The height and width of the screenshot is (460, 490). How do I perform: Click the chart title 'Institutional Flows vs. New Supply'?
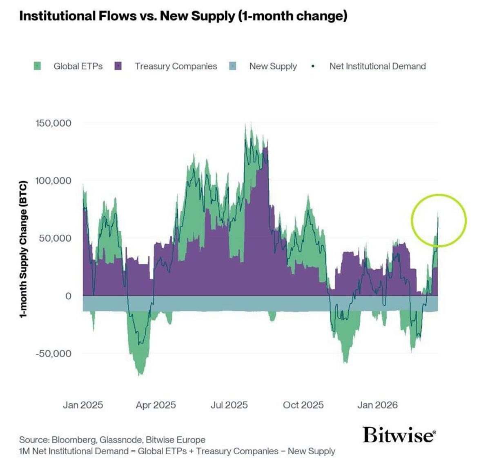183,16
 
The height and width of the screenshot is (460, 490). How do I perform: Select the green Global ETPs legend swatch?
37,66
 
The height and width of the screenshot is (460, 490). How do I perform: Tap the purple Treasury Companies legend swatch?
118,66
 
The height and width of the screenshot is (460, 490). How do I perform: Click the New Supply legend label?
273,66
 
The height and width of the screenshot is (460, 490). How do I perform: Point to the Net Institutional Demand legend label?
377,66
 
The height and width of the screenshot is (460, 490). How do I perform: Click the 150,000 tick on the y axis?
53,123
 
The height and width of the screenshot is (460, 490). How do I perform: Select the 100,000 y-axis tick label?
53,181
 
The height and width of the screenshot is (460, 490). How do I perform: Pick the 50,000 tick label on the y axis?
55,238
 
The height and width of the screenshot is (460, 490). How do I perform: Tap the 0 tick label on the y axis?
68,296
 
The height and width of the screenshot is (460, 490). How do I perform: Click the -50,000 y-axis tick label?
53,354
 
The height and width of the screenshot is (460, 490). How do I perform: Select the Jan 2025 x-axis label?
83,405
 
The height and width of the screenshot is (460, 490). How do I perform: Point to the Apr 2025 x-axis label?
156,405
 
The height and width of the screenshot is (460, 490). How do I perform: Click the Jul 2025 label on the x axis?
229,405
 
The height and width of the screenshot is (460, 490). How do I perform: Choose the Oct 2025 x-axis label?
303,405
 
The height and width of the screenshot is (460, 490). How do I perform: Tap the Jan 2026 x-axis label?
377,405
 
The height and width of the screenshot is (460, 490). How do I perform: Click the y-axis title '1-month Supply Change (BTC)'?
23,249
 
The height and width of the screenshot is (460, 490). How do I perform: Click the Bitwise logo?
399,435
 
